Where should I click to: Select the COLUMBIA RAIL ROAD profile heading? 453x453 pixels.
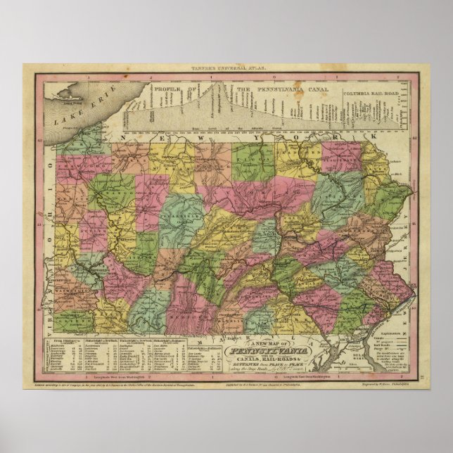tap(369, 92)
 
